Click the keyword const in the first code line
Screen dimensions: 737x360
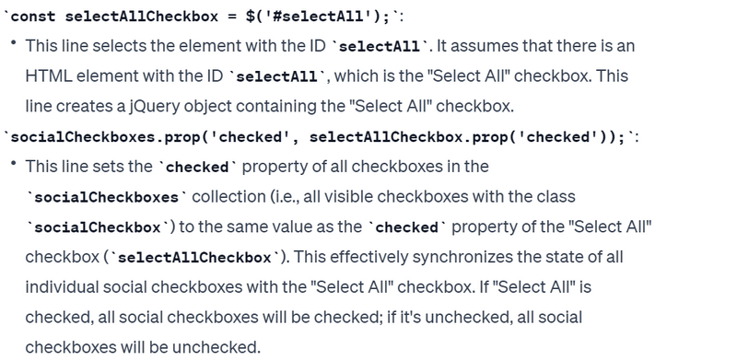(x=32, y=17)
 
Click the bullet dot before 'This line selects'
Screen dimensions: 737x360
(x=14, y=42)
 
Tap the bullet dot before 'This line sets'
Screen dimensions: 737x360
(x=14, y=163)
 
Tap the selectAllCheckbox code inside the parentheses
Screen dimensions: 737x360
(x=194, y=258)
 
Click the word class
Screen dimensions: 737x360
(x=556, y=196)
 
